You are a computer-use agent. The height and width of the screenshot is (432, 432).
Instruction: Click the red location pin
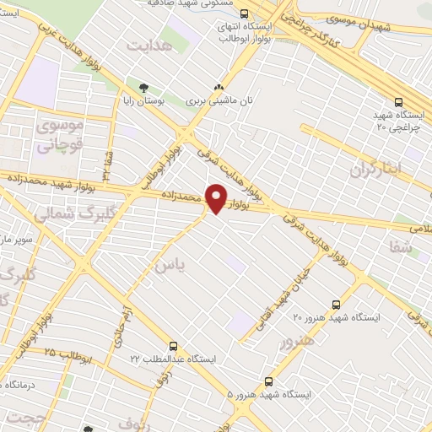[216, 197]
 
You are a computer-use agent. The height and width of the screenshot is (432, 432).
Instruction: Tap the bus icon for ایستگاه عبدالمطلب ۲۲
[173, 346]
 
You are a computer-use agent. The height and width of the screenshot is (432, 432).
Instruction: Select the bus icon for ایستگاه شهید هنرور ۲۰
[337, 305]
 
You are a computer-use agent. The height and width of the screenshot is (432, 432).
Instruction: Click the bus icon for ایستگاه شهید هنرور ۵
[268, 381]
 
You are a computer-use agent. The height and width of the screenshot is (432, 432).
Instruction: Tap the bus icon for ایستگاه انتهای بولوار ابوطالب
[244, 13]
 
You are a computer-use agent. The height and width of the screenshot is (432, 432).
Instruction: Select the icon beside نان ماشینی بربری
[219, 88]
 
